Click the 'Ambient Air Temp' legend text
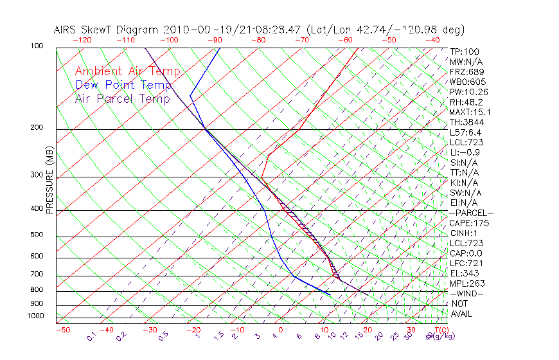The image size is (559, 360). (x=127, y=72)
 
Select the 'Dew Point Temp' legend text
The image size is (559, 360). (x=123, y=85)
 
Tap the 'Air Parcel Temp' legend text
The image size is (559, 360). (x=123, y=99)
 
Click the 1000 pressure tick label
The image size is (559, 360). (x=37, y=316)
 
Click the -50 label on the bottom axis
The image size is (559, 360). (x=62, y=330)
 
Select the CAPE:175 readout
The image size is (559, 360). (x=469, y=223)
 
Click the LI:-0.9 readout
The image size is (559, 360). (x=465, y=152)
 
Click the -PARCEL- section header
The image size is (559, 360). (x=471, y=213)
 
